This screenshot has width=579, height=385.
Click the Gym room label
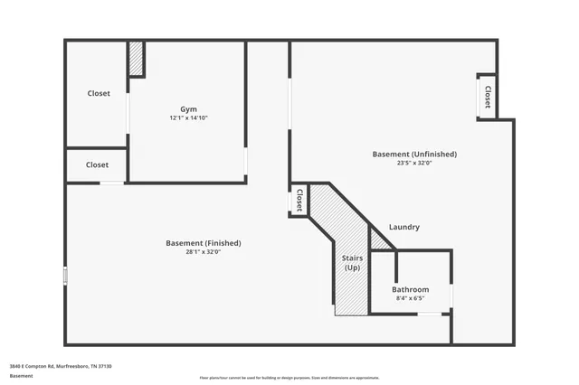coord(188,108)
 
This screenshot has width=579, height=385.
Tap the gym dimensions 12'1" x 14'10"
coord(188,118)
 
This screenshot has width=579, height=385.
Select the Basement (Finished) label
coord(204,242)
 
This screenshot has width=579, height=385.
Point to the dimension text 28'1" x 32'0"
coord(204,252)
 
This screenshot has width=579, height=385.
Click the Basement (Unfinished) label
coord(414,154)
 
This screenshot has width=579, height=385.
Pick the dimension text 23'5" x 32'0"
coord(414,164)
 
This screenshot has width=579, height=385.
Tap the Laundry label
coord(404,227)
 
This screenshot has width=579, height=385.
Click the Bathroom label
coord(410,289)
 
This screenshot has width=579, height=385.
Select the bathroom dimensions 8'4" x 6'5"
coord(410,298)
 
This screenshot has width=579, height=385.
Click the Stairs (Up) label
coord(352,263)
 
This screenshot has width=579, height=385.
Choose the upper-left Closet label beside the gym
coord(99,93)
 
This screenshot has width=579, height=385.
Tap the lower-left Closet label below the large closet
coord(97,164)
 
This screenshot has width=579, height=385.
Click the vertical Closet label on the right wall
coord(488,96)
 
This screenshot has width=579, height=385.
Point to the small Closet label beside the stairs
coord(299,200)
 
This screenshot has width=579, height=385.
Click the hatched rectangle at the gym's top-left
coord(136,59)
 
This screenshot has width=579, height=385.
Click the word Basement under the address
coord(21,375)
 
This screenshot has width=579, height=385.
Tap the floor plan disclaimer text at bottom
coord(289,377)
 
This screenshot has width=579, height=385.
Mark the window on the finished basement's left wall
coord(65,275)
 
